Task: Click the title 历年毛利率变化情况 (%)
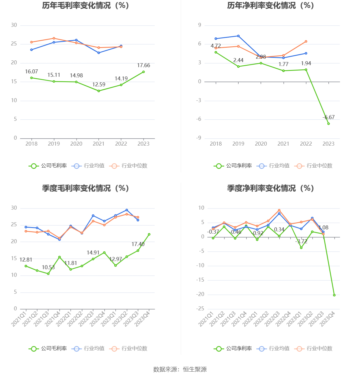pyautogui.click(x=86, y=6)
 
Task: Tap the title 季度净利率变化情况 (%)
pyautogui.click(x=270, y=188)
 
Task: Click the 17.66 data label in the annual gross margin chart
pyautogui.click(x=143, y=65)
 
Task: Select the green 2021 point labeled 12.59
pyautogui.click(x=99, y=91)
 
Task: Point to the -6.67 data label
pyautogui.click(x=328, y=117)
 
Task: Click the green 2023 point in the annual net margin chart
pyautogui.click(x=328, y=124)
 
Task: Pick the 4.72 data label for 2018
pyautogui.click(x=216, y=46)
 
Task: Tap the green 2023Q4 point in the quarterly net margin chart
pyautogui.click(x=334, y=295)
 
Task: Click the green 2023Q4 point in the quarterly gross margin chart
pyautogui.click(x=149, y=234)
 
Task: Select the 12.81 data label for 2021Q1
pyautogui.click(x=26, y=260)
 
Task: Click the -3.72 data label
pyautogui.click(x=301, y=242)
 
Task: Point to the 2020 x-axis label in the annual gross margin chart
pyautogui.click(x=76, y=144)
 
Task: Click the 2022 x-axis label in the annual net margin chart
pyautogui.click(x=306, y=144)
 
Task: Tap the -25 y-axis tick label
pyautogui.click(x=200, y=309)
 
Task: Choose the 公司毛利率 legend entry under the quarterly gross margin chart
pyautogui.click(x=48, y=348)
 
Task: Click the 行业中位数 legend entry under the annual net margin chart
pyautogui.click(x=313, y=166)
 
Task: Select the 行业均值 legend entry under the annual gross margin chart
pyautogui.click(x=88, y=166)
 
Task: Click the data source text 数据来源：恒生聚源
pyautogui.click(x=180, y=369)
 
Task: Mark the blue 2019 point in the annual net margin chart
pyautogui.click(x=238, y=36)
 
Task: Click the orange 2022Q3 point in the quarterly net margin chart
pyautogui.click(x=279, y=210)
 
